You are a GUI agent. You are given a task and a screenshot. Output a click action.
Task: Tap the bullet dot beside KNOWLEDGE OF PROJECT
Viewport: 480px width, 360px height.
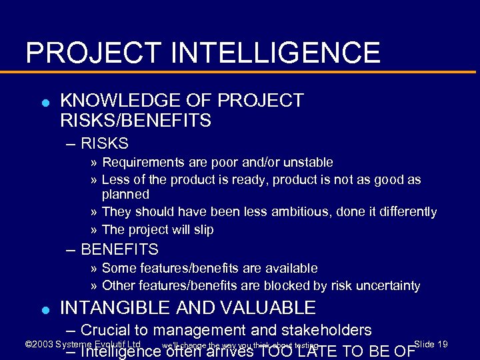45,103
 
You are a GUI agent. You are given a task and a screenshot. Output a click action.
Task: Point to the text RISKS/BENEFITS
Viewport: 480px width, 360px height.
135,121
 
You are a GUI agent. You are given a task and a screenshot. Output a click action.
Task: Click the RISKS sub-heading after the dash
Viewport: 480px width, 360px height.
104,143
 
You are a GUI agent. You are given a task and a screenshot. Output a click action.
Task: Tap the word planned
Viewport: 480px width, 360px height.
125,195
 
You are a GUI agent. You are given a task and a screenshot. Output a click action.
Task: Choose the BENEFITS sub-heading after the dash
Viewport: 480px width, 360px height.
119,250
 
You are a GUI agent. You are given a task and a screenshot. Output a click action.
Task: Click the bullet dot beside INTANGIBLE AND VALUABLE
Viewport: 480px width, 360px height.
45,309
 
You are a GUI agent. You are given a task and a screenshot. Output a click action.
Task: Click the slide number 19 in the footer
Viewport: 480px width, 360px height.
441,344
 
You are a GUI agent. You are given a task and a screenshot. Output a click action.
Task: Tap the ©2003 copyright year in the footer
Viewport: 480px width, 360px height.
39,344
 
